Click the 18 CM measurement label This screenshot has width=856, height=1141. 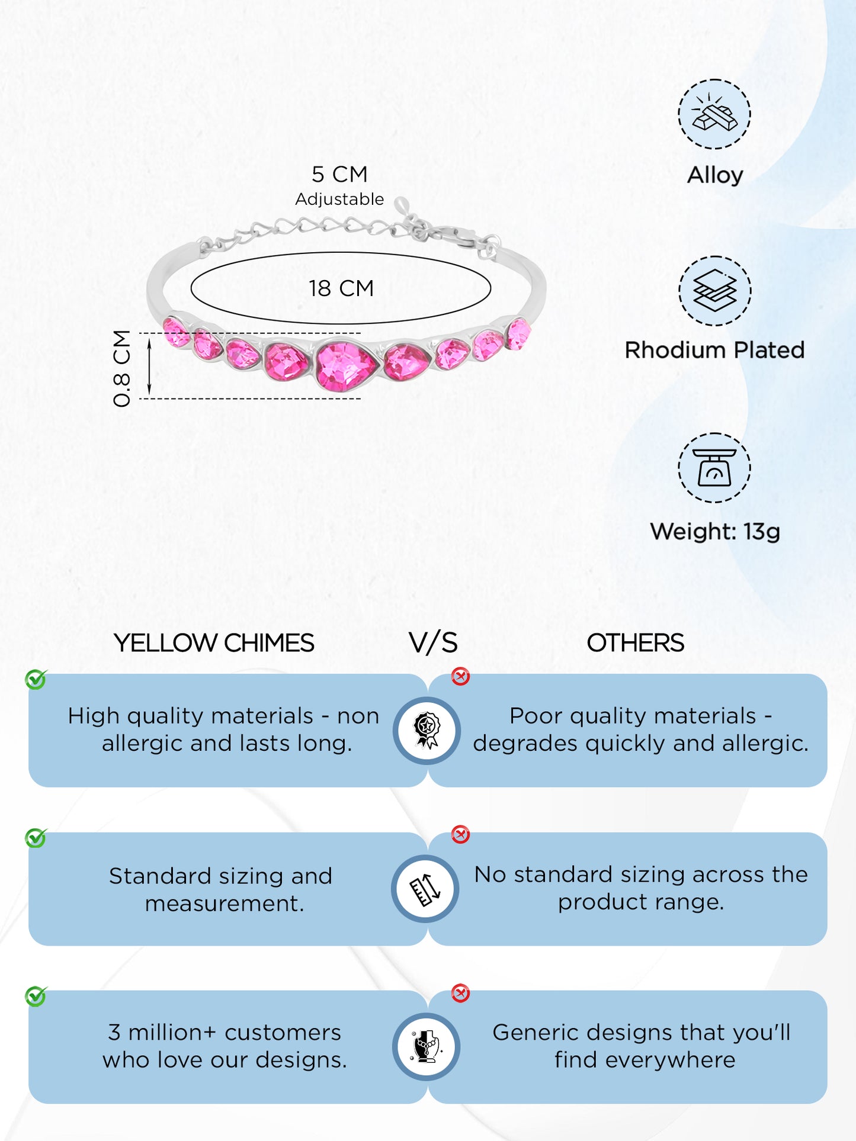341,288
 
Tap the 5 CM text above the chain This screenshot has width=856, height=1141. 339,175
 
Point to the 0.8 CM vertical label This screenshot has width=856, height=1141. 122,368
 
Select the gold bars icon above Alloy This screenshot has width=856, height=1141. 714,114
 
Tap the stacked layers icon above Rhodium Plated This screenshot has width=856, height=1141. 714,291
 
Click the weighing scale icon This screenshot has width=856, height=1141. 714,468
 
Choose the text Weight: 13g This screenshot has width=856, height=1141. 714,532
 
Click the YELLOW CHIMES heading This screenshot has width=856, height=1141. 214,643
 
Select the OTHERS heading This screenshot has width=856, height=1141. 635,643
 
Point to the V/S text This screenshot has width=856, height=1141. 433,643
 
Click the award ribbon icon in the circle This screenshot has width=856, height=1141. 427,730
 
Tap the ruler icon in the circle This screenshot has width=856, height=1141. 425,889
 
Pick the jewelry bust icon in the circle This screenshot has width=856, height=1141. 427,1046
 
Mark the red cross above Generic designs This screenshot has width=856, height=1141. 460,993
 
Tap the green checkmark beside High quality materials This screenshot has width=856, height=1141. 36,679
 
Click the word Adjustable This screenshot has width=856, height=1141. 339,200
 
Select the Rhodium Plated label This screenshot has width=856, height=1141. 714,350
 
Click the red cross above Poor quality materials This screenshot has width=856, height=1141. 460,676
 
